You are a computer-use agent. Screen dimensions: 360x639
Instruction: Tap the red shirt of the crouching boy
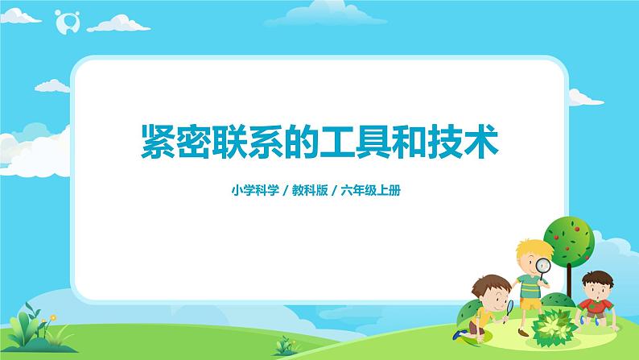point(596,304)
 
